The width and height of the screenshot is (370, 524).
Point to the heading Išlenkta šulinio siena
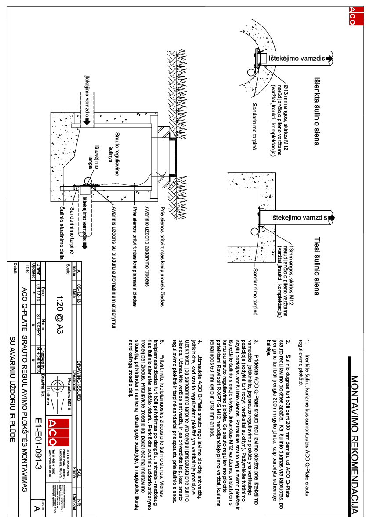316,112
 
